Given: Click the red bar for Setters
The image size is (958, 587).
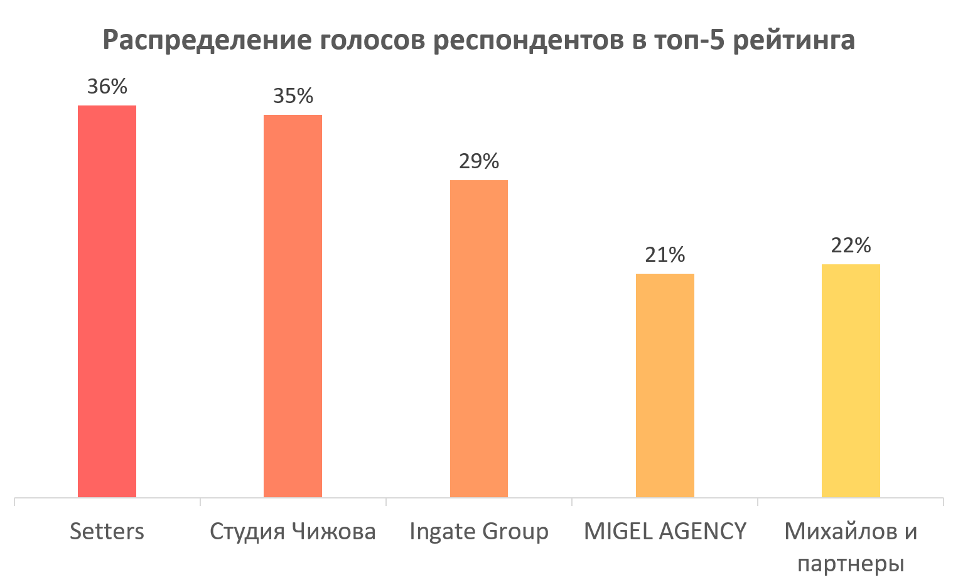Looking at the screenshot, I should (107, 301).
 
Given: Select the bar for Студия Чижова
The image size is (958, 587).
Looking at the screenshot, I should (293, 306).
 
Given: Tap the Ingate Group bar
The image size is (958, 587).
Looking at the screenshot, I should (478, 339).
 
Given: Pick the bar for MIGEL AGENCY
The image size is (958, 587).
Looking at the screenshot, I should (665, 385).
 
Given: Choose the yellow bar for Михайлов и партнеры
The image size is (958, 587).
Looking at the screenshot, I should (851, 380).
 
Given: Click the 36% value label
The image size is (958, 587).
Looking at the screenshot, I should (107, 87).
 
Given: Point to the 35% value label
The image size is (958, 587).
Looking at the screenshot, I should (293, 96).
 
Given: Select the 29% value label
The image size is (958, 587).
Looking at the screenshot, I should (478, 161).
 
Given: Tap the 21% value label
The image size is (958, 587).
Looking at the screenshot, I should (665, 255).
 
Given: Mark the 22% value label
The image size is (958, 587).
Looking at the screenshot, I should (851, 245).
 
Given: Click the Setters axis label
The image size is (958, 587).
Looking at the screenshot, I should (107, 532).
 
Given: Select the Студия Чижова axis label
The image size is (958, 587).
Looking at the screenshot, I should (293, 532).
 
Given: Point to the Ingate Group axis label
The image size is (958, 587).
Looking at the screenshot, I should (478, 532).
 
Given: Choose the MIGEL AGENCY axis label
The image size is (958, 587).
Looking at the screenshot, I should (665, 532).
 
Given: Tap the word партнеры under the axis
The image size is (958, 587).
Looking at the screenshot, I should (851, 564).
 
